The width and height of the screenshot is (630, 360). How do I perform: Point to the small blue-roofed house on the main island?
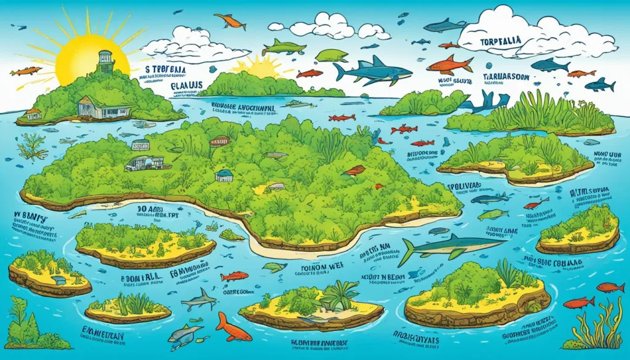point(224,175)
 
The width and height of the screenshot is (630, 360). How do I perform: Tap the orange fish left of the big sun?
point(25,71)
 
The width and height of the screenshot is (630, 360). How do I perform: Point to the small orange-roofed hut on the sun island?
point(34,114)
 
